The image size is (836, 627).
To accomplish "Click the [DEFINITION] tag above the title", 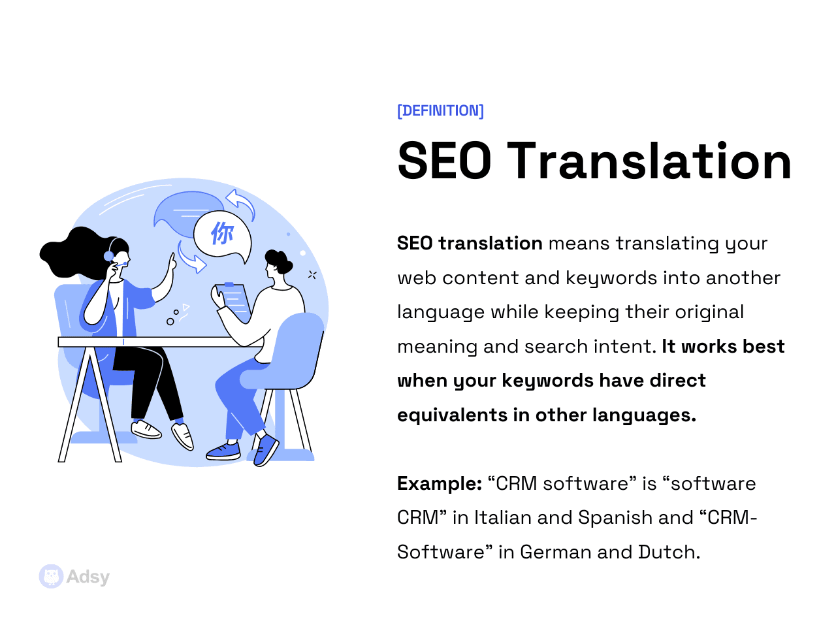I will pyautogui.click(x=440, y=111).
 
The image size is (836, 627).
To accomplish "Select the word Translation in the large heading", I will pyautogui.click(x=650, y=161).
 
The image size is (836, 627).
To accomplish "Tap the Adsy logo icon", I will pyautogui.click(x=51, y=577).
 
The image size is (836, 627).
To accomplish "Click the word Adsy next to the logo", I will pyautogui.click(x=88, y=577).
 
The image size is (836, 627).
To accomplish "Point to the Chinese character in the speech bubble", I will pyautogui.click(x=222, y=233).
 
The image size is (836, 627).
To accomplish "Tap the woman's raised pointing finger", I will pyautogui.click(x=172, y=260).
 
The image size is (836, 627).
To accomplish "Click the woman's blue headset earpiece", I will pyautogui.click(x=108, y=256).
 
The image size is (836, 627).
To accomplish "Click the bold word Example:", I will pyautogui.click(x=440, y=484).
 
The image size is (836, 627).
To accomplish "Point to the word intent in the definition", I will pyautogui.click(x=628, y=347).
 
